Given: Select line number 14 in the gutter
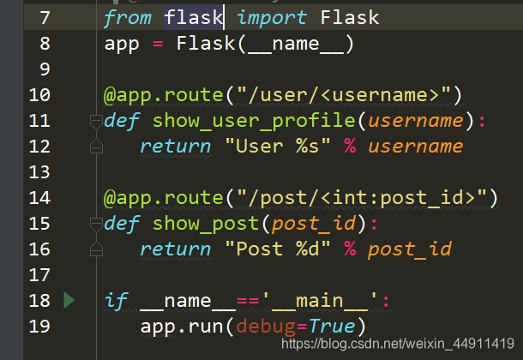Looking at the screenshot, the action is point(39,198).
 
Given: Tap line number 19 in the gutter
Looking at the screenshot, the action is point(39,327).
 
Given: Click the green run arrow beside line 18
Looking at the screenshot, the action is point(69,300).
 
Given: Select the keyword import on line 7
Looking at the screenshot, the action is point(272,17).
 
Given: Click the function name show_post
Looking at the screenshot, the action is point(206,224).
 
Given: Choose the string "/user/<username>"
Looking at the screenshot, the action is point(344,94).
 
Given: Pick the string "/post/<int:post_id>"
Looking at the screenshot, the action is point(362,198).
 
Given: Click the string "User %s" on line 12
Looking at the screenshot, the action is point(278,146).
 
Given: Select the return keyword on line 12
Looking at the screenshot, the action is point(175,146).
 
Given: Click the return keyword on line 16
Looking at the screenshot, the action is point(175,249).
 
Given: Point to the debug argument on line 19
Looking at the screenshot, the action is point(265,327).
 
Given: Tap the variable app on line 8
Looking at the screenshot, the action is point(122,43).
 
